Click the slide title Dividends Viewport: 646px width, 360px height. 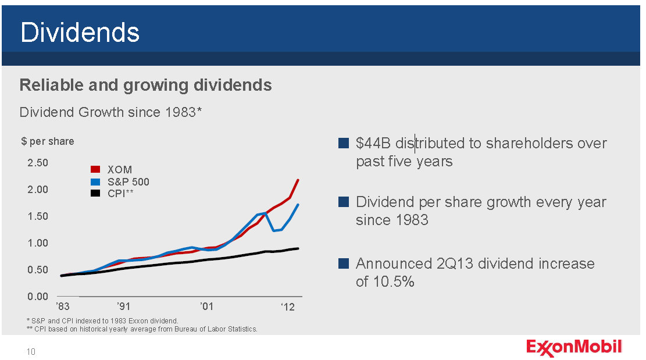(80, 33)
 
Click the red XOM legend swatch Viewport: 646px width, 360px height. (96, 170)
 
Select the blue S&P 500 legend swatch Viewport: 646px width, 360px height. (96, 181)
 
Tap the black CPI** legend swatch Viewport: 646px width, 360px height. (96, 193)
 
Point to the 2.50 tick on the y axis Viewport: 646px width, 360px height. (38, 163)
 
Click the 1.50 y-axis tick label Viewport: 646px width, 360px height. (38, 216)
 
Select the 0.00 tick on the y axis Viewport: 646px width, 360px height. (38, 297)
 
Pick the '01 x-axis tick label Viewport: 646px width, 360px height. (206, 306)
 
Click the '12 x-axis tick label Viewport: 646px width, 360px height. (287, 306)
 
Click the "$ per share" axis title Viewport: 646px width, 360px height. (48, 141)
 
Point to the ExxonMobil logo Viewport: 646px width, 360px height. (574, 348)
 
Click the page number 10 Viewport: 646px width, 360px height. (31, 351)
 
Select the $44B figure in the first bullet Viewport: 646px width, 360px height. (373, 143)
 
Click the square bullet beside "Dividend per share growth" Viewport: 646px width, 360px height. (343, 202)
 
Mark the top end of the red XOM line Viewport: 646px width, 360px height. (298, 180)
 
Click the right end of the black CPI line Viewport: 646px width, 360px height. (298, 248)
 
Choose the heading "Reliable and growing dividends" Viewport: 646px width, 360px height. (145, 85)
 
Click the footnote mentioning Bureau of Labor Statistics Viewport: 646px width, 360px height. (142, 329)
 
